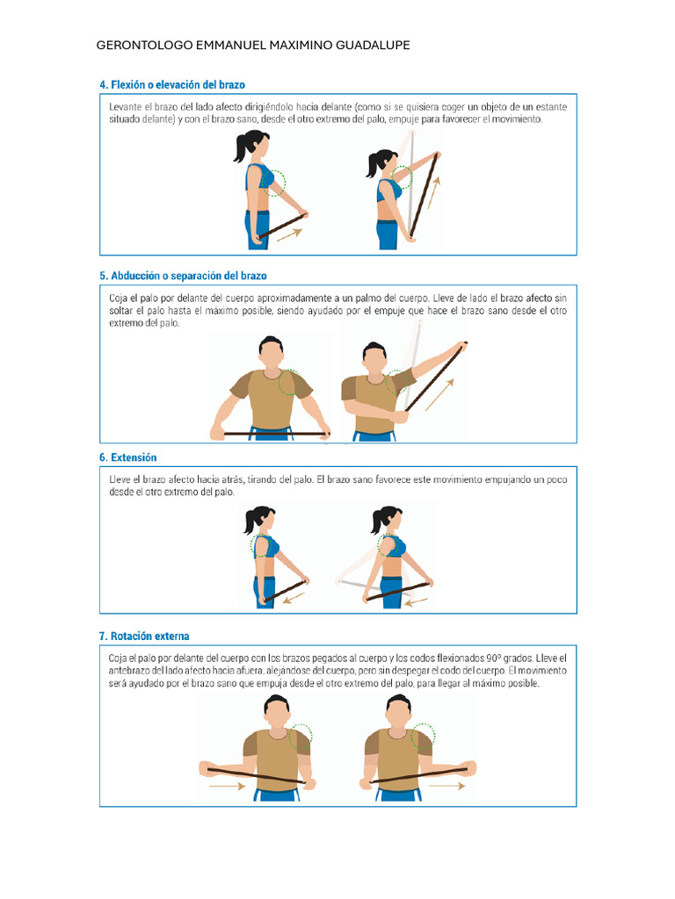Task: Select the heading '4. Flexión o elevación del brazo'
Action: pos(172,85)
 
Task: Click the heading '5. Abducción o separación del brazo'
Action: pos(183,276)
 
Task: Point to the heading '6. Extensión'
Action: pos(128,457)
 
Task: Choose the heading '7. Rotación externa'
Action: pos(144,636)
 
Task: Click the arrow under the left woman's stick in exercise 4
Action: pos(289,234)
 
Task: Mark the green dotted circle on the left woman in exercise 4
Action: pos(274,180)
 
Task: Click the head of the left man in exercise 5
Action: pos(271,354)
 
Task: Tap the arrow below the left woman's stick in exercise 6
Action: pos(294,597)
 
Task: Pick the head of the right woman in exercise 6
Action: pos(389,520)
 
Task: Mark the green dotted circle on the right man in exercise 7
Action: pos(424,736)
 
